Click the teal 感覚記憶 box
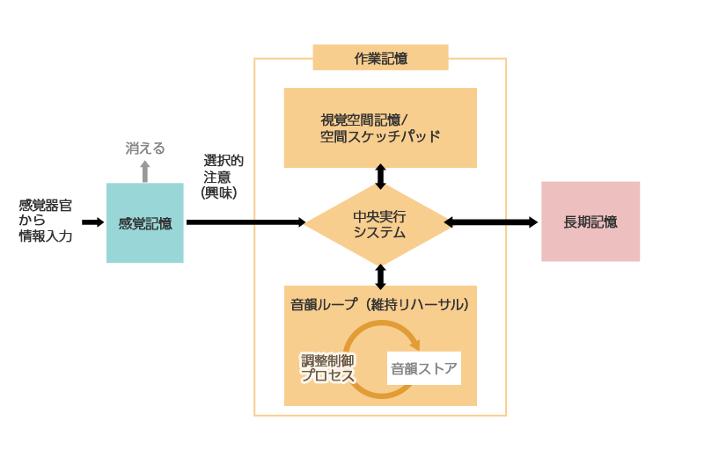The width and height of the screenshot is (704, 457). (145, 223)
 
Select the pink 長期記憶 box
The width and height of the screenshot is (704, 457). (590, 221)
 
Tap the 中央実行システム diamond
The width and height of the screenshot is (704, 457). (380, 223)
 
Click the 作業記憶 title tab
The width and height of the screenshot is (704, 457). (380, 58)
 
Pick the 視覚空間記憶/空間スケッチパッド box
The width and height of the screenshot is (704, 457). (380, 127)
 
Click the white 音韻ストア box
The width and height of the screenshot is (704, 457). (424, 368)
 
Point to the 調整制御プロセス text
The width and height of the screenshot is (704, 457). (327, 368)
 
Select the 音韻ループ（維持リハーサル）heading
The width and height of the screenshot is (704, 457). (380, 305)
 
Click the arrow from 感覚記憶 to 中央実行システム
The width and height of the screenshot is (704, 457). (246, 222)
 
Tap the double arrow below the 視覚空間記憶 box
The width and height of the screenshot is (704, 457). (380, 176)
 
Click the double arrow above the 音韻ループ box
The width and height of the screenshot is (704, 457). (380, 276)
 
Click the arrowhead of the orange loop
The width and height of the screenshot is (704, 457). (414, 345)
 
